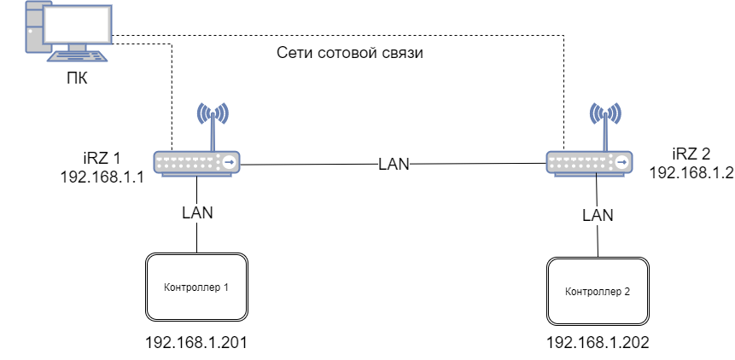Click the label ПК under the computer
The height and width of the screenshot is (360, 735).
77,79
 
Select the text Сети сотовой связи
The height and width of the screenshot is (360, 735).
351,53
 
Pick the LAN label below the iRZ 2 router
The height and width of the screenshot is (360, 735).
598,216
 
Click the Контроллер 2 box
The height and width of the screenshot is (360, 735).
598,292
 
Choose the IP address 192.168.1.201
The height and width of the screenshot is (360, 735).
196,343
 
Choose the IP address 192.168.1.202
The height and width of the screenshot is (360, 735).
598,343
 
